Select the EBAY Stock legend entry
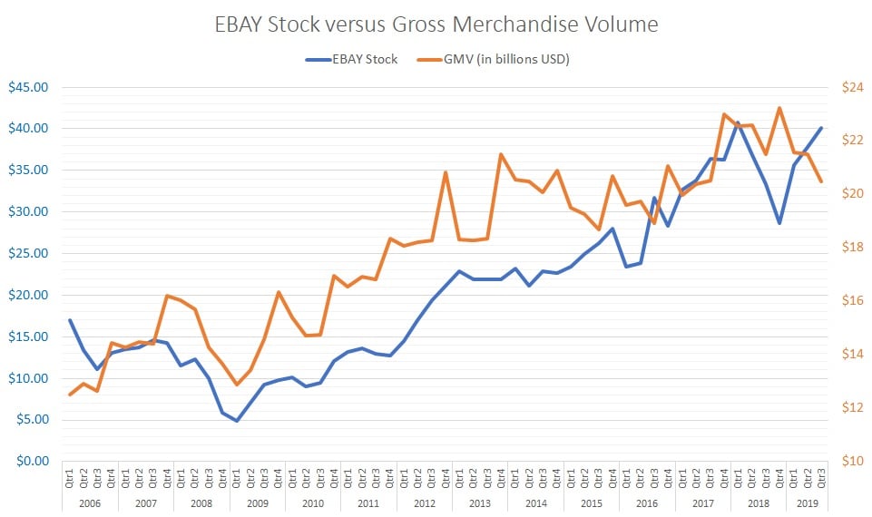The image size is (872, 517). point(359,60)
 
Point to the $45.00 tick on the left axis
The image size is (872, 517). point(28,88)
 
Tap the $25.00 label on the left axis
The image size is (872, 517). point(28,254)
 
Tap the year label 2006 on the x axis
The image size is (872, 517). point(90,502)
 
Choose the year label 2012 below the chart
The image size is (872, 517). point(425,502)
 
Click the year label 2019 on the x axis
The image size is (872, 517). point(807,502)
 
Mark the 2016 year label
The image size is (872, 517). point(647,502)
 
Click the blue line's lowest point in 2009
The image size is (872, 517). point(237,421)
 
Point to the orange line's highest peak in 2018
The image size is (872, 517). point(779,108)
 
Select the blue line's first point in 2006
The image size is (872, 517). point(70,320)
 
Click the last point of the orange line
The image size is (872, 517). point(821,181)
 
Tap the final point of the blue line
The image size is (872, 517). point(821,128)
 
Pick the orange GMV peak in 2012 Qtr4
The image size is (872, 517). point(446,172)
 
